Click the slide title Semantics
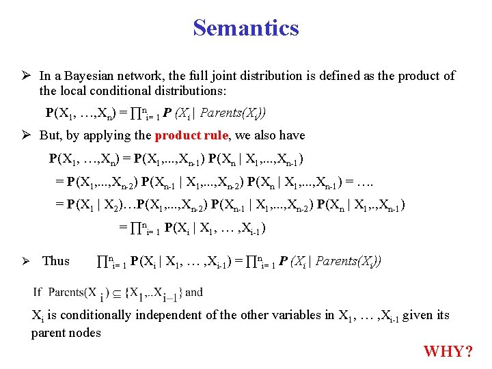pyautogui.click(x=246, y=28)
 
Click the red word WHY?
pyautogui.click(x=448, y=352)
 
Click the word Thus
pyautogui.click(x=56, y=260)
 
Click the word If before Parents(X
pyautogui.click(x=38, y=292)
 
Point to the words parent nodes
pyautogui.click(x=66, y=333)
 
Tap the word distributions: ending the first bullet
pyautogui.click(x=191, y=90)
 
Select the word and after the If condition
pyautogui.click(x=194, y=292)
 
